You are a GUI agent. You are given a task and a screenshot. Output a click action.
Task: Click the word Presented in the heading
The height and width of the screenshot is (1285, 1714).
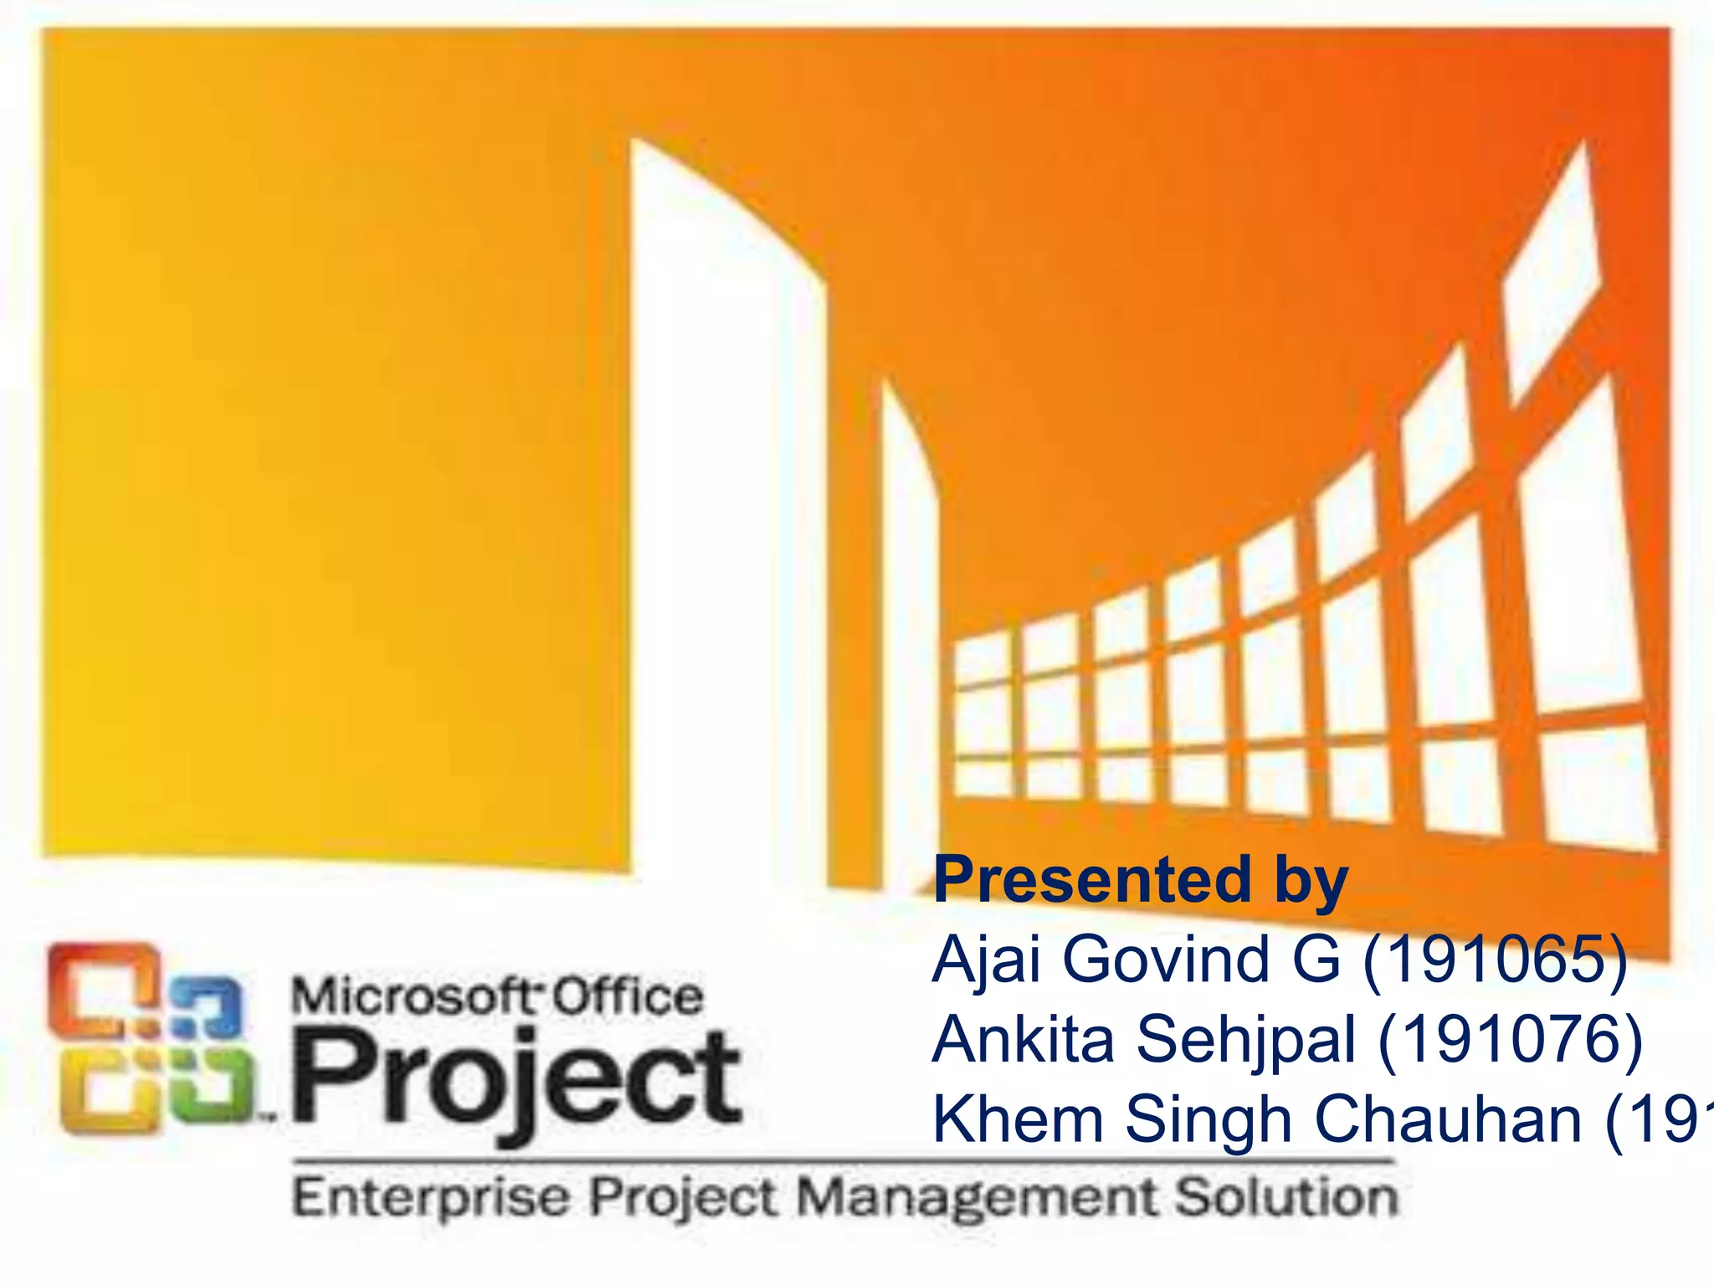(1091, 880)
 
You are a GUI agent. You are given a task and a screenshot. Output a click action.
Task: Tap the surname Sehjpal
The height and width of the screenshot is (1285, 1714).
(1245, 1041)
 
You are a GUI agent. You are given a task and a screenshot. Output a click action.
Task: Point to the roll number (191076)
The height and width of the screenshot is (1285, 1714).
(1510, 1041)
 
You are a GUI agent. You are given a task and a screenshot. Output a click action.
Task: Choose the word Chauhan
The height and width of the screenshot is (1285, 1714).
(1448, 1119)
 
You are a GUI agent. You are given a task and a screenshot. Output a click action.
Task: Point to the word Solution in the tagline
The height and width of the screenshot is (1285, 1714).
(1286, 1197)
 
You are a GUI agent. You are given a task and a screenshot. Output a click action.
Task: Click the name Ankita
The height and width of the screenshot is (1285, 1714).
(1023, 1041)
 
